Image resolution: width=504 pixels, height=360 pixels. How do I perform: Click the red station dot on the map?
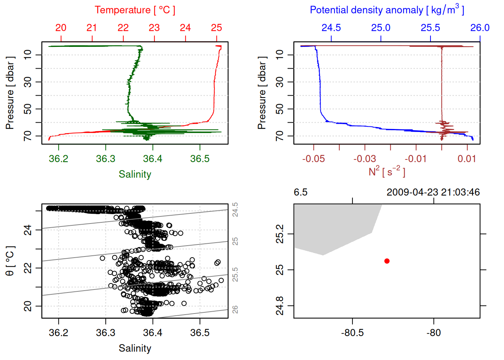coord(387,261)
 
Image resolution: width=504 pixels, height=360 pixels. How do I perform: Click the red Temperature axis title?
coord(135,10)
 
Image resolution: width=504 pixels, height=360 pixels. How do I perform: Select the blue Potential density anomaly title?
coord(387,10)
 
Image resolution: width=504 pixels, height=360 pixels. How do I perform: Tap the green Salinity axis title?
coord(135,174)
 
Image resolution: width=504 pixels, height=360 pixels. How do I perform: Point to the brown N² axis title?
coord(387,171)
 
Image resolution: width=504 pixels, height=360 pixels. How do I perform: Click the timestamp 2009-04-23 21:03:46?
coord(433,192)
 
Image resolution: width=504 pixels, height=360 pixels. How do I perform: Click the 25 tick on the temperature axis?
coord(216,28)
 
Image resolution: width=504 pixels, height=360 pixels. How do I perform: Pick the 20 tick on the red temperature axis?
coord(61,28)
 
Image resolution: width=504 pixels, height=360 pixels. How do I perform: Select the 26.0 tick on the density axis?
coord(480,28)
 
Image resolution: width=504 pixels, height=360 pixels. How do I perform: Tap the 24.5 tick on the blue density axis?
coord(331,28)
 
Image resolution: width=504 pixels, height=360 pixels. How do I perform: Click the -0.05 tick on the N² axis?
coord(313,159)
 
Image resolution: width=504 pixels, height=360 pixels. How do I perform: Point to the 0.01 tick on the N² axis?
coord(466,159)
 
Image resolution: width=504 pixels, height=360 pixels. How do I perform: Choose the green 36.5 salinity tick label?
coord(199,159)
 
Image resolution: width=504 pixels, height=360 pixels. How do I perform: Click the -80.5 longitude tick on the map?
coord(352,333)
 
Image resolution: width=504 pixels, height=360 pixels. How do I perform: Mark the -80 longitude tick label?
coord(433,333)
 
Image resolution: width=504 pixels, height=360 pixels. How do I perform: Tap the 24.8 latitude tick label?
coord(280,306)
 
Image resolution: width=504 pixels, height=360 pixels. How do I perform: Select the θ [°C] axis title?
coord(10,261)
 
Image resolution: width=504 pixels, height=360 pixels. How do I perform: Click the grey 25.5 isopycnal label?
coord(235,274)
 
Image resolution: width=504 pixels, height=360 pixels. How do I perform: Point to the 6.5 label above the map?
coord(300,192)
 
